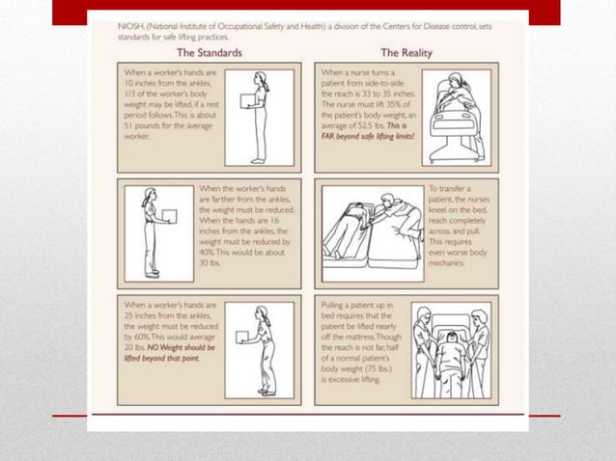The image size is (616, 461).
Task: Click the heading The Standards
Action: click(x=210, y=52)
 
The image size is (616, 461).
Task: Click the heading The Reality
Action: click(x=406, y=52)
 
